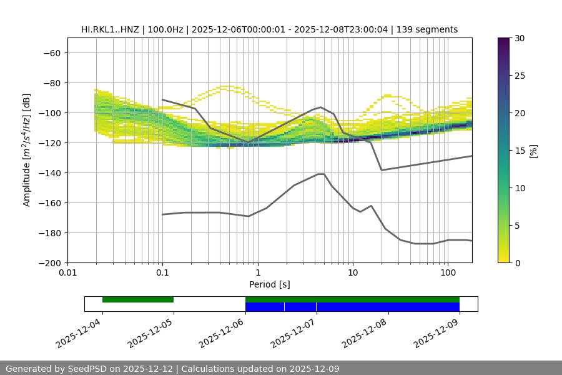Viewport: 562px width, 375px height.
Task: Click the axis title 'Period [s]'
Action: [270, 284]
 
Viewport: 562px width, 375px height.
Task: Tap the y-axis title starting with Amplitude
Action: [27, 150]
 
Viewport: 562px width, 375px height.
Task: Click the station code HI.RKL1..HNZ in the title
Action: [111, 29]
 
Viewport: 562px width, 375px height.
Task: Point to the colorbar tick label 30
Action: [520, 38]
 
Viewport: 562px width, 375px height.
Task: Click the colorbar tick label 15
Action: [520, 151]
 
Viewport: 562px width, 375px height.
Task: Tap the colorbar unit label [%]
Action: [533, 151]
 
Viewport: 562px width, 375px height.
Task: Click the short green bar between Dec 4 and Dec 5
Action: [138, 299]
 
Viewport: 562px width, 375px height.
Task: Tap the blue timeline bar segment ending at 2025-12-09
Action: [387, 307]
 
